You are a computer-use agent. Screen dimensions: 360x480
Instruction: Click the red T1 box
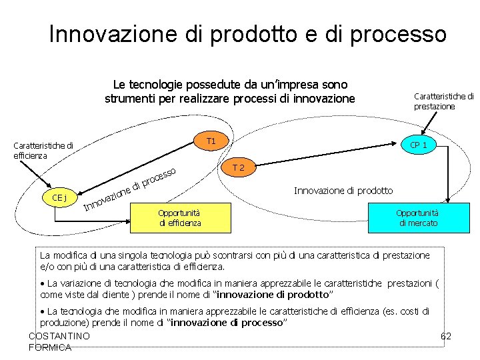coord(211,141)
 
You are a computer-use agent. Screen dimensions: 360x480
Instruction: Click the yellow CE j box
coord(59,197)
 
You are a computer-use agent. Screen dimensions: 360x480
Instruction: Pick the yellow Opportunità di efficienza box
coord(180,218)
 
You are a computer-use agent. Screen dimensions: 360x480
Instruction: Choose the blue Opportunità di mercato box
coord(418,218)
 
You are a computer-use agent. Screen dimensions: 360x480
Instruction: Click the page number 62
coord(446,336)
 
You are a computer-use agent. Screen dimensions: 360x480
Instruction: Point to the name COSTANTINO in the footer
coord(59,336)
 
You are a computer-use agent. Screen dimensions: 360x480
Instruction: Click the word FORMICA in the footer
coord(50,347)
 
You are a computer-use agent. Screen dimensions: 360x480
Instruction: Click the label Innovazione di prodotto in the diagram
coord(343,191)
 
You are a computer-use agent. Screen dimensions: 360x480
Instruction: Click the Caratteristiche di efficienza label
coord(43,150)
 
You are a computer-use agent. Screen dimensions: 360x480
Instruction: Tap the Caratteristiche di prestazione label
coord(443,101)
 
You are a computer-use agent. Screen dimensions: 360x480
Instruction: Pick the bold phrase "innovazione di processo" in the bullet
coord(229,323)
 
